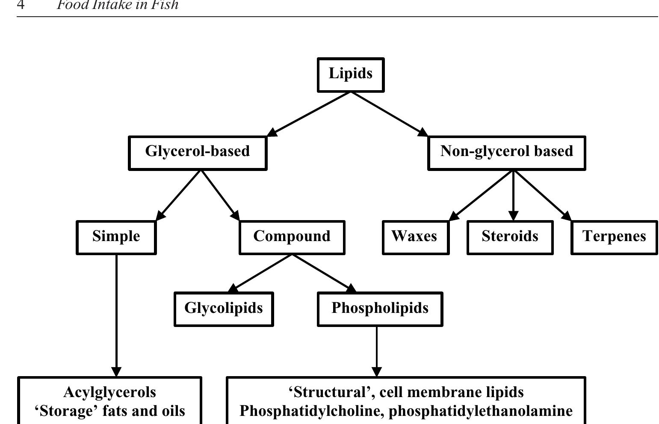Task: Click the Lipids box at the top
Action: [350, 74]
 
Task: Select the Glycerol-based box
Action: [198, 153]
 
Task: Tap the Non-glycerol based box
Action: [506, 153]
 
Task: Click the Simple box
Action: [116, 237]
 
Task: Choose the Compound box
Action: [292, 237]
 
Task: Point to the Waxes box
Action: [415, 237]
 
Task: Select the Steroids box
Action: [510, 237]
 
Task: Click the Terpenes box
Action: [614, 237]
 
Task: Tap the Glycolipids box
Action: [224, 309]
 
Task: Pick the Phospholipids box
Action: [380, 309]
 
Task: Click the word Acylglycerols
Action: [109, 392]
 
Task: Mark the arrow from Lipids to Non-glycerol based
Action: [389, 114]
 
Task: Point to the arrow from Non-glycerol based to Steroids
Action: [514, 194]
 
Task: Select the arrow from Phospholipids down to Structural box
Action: [376, 350]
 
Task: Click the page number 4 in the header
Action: [21, 5]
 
